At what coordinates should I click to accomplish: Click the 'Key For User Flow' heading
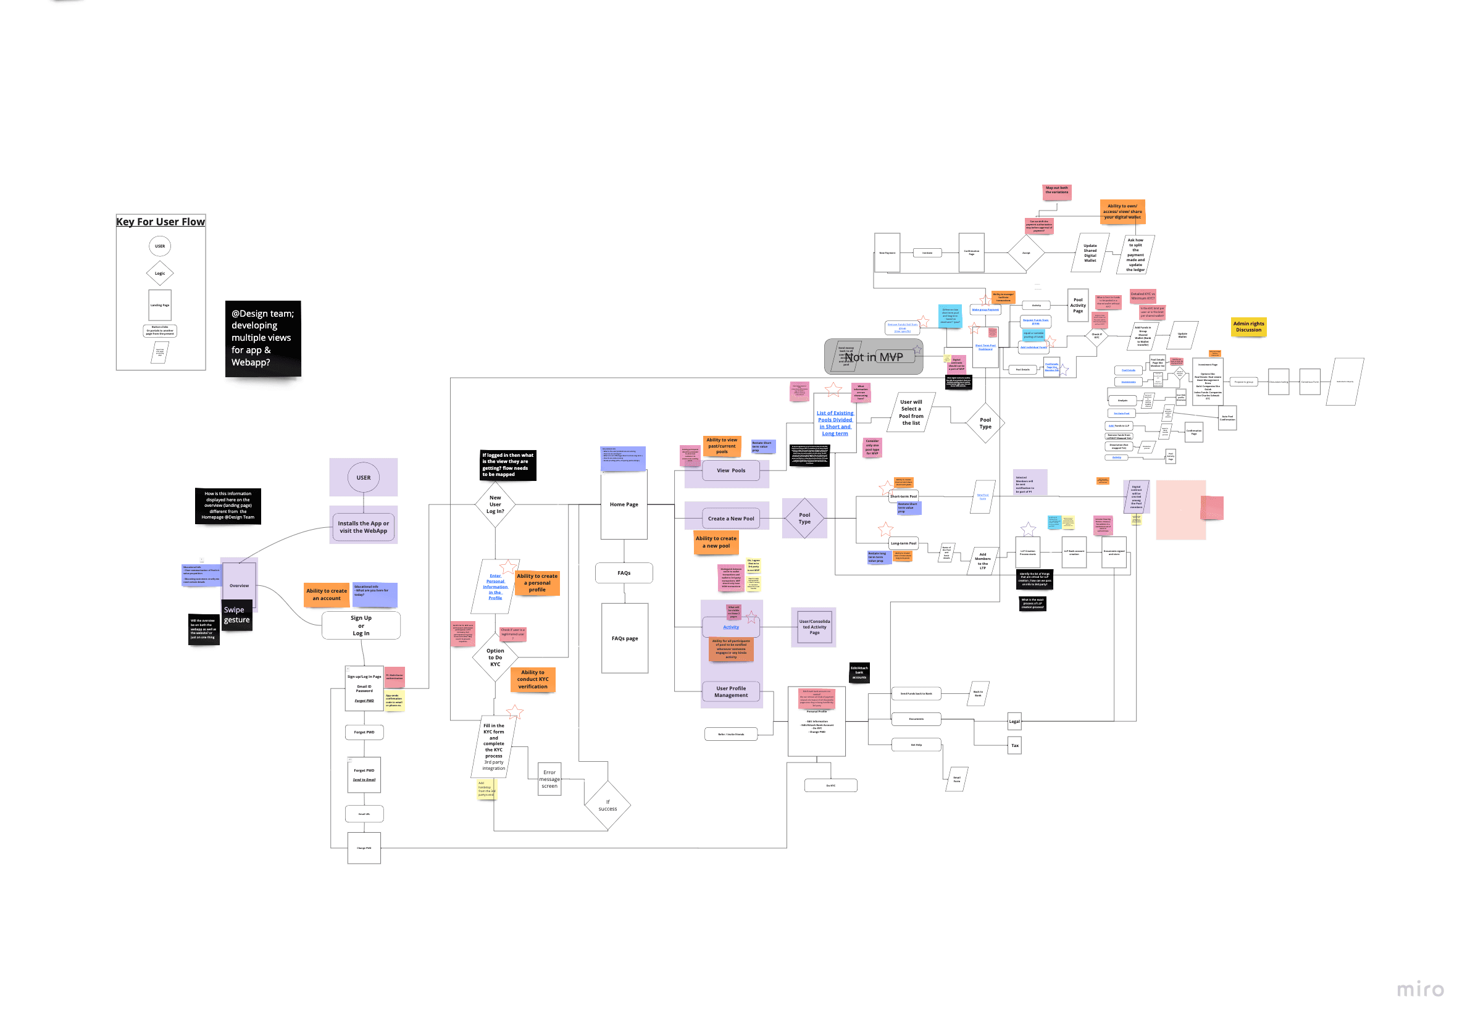click(161, 222)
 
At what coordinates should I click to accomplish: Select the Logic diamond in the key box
click(160, 273)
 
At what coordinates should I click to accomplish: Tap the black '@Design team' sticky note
click(262, 338)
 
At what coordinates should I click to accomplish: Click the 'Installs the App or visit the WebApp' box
click(363, 527)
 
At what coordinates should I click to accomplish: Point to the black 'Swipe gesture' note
click(236, 615)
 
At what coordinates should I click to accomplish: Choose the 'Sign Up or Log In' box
click(361, 625)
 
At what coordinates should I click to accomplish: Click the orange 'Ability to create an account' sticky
click(327, 594)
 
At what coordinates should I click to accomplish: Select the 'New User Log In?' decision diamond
click(495, 504)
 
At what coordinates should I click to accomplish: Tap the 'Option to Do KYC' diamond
click(495, 657)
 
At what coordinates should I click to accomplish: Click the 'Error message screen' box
click(549, 778)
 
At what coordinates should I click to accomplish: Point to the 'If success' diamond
click(607, 805)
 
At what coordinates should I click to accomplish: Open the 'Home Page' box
click(624, 504)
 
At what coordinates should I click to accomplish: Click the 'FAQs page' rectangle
click(624, 638)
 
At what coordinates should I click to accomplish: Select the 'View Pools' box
click(730, 470)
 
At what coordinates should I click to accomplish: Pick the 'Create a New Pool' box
click(730, 518)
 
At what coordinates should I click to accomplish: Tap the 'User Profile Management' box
click(730, 692)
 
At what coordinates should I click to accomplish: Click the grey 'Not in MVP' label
click(874, 357)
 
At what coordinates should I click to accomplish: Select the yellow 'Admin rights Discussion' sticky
click(1248, 327)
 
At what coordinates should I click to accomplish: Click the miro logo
click(1420, 989)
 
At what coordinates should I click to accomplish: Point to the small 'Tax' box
click(1014, 746)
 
